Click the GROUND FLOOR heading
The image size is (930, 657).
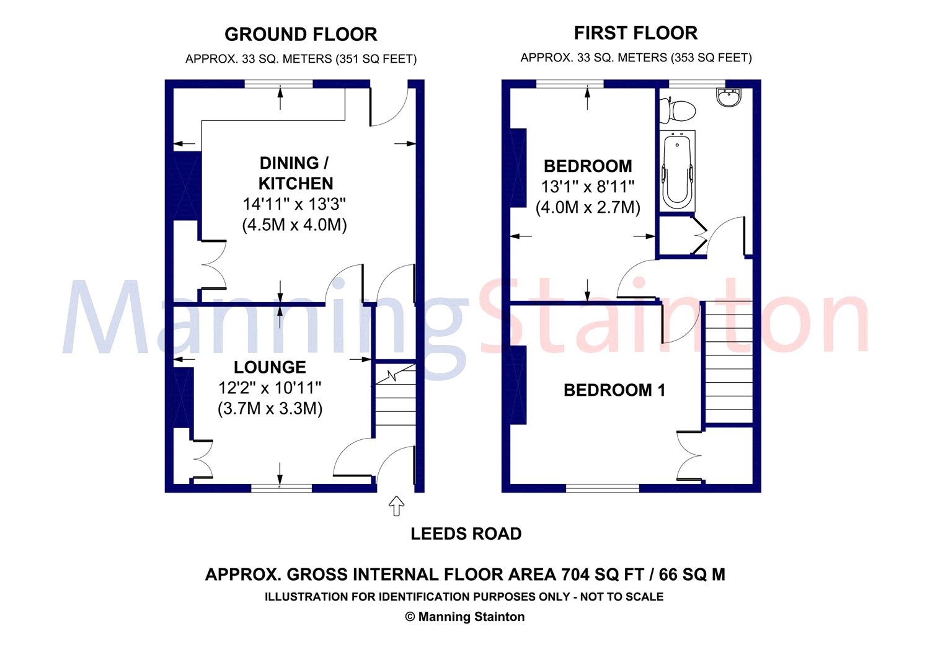(x=301, y=34)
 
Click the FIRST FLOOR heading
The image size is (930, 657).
(x=635, y=33)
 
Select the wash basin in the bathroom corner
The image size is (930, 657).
(x=728, y=97)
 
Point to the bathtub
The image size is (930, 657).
(x=676, y=172)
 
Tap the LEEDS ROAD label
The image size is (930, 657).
(x=466, y=534)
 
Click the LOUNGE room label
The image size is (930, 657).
(x=270, y=367)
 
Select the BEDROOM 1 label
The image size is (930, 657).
(x=614, y=390)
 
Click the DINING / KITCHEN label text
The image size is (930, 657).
(x=296, y=173)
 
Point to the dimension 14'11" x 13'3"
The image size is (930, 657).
(x=294, y=204)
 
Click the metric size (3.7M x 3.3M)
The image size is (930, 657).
(x=270, y=409)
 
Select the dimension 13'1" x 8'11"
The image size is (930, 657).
(x=588, y=187)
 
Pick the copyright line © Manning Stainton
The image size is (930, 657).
(x=464, y=617)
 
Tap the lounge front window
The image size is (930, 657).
(x=281, y=488)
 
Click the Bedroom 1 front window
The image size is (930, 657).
(x=602, y=488)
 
